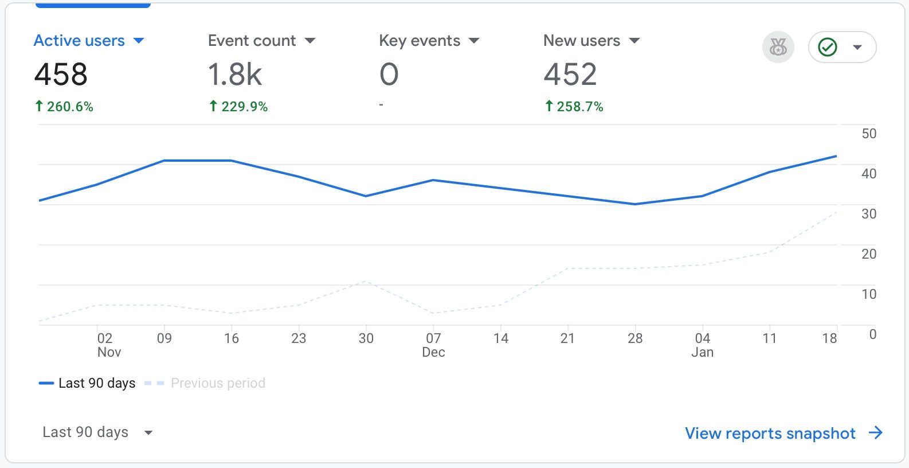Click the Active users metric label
(x=79, y=41)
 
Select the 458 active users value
(x=61, y=75)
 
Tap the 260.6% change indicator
(x=64, y=107)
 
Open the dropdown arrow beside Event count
(x=310, y=41)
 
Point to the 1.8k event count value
(x=235, y=75)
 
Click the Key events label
(x=420, y=41)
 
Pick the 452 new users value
(x=570, y=75)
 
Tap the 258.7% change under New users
(x=574, y=107)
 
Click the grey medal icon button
(x=778, y=47)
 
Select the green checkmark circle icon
(x=828, y=47)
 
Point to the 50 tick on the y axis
(x=869, y=134)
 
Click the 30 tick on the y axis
(x=869, y=214)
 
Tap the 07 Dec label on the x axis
(x=433, y=345)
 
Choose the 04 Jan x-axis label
(x=702, y=345)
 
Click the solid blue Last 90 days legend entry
(x=87, y=383)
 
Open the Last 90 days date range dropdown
(x=97, y=432)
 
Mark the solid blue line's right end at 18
(x=836, y=156)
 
